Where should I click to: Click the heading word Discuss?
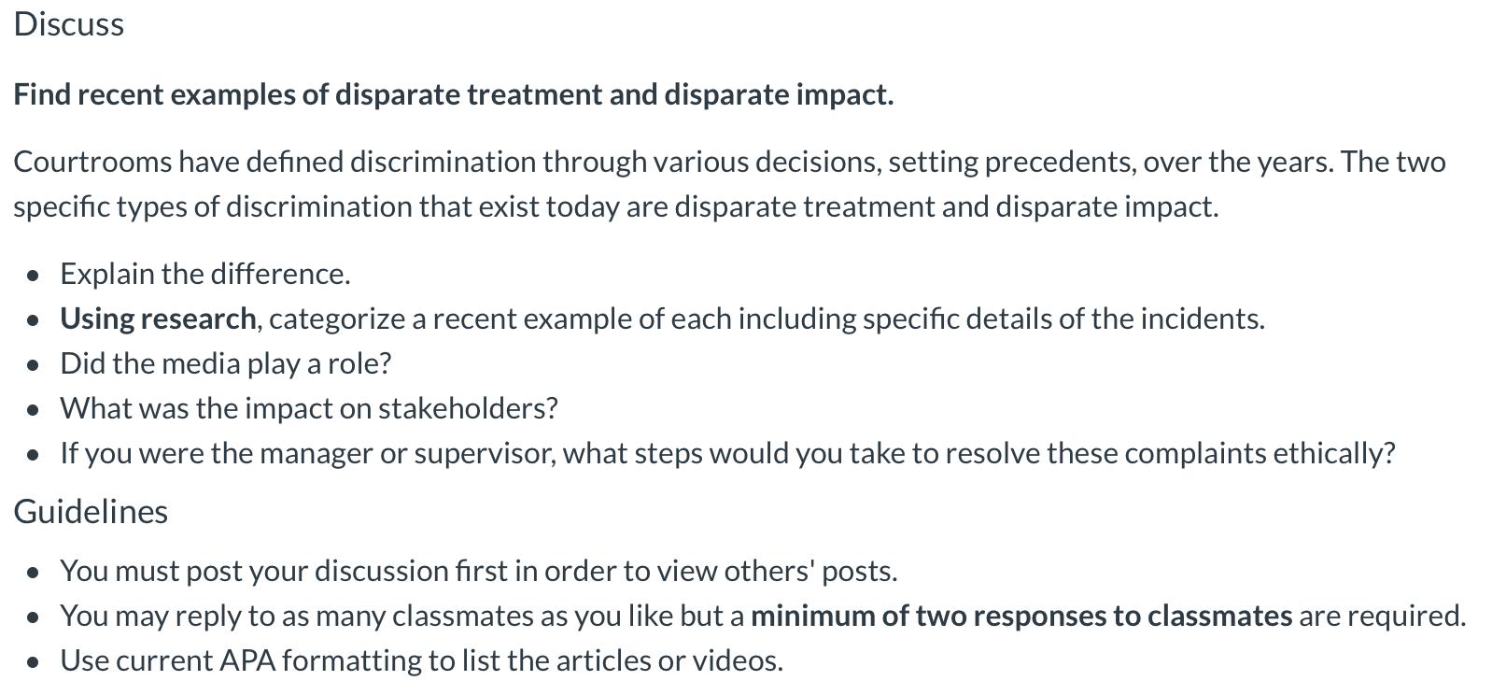[x=68, y=24]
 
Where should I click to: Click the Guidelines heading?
[x=91, y=511]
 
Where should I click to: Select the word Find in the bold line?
[x=42, y=94]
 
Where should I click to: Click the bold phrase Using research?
[x=158, y=319]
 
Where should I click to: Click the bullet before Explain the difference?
[x=35, y=276]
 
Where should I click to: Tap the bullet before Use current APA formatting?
[x=35, y=662]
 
